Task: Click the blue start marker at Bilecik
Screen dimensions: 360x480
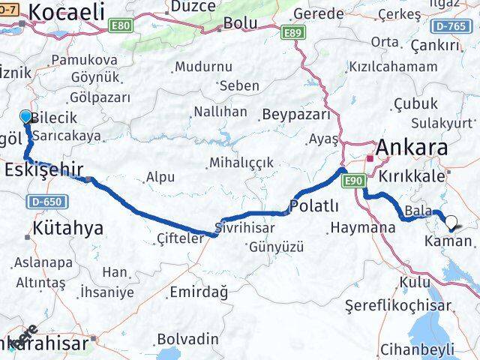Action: point(25,117)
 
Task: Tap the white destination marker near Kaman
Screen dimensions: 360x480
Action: point(451,222)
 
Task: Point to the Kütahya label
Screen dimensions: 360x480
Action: point(67,229)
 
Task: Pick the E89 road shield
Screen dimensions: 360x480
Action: point(292,33)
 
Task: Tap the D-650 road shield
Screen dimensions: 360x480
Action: point(46,202)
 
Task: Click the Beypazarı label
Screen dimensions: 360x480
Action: point(296,115)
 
